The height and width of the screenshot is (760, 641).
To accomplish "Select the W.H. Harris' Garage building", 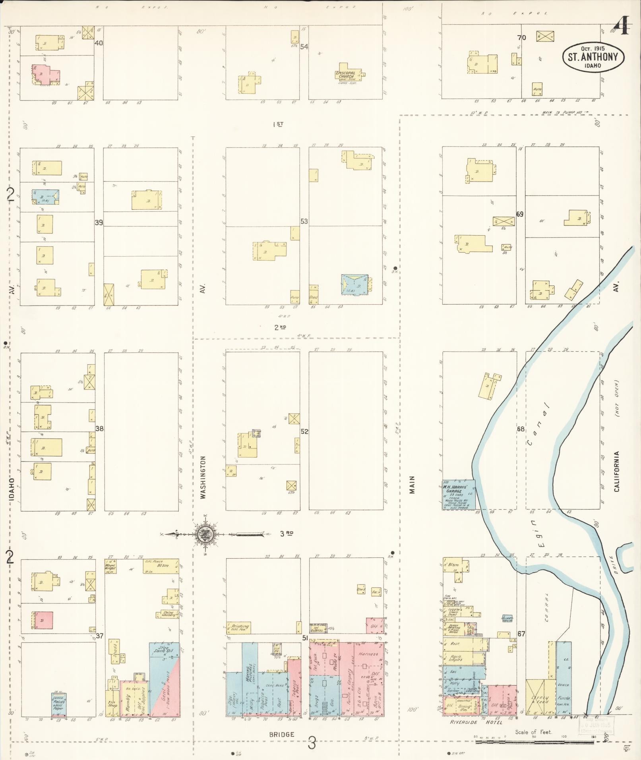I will pyautogui.click(x=459, y=495).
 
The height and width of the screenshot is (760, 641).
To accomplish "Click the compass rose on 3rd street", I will pyautogui.click(x=205, y=535).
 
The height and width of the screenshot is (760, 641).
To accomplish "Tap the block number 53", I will pyautogui.click(x=304, y=221).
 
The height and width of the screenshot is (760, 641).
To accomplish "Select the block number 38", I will pyautogui.click(x=99, y=429).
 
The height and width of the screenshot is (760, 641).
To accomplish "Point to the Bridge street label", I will pyautogui.click(x=282, y=735).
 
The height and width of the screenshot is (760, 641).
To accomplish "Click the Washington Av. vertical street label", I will pyautogui.click(x=203, y=477).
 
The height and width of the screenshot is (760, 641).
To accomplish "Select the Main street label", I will pyautogui.click(x=412, y=485).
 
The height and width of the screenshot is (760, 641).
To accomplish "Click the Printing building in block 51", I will pyautogui.click(x=238, y=627).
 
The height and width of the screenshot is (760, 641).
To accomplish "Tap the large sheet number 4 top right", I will pyautogui.click(x=622, y=28).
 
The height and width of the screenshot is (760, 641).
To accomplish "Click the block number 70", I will pyautogui.click(x=521, y=38).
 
